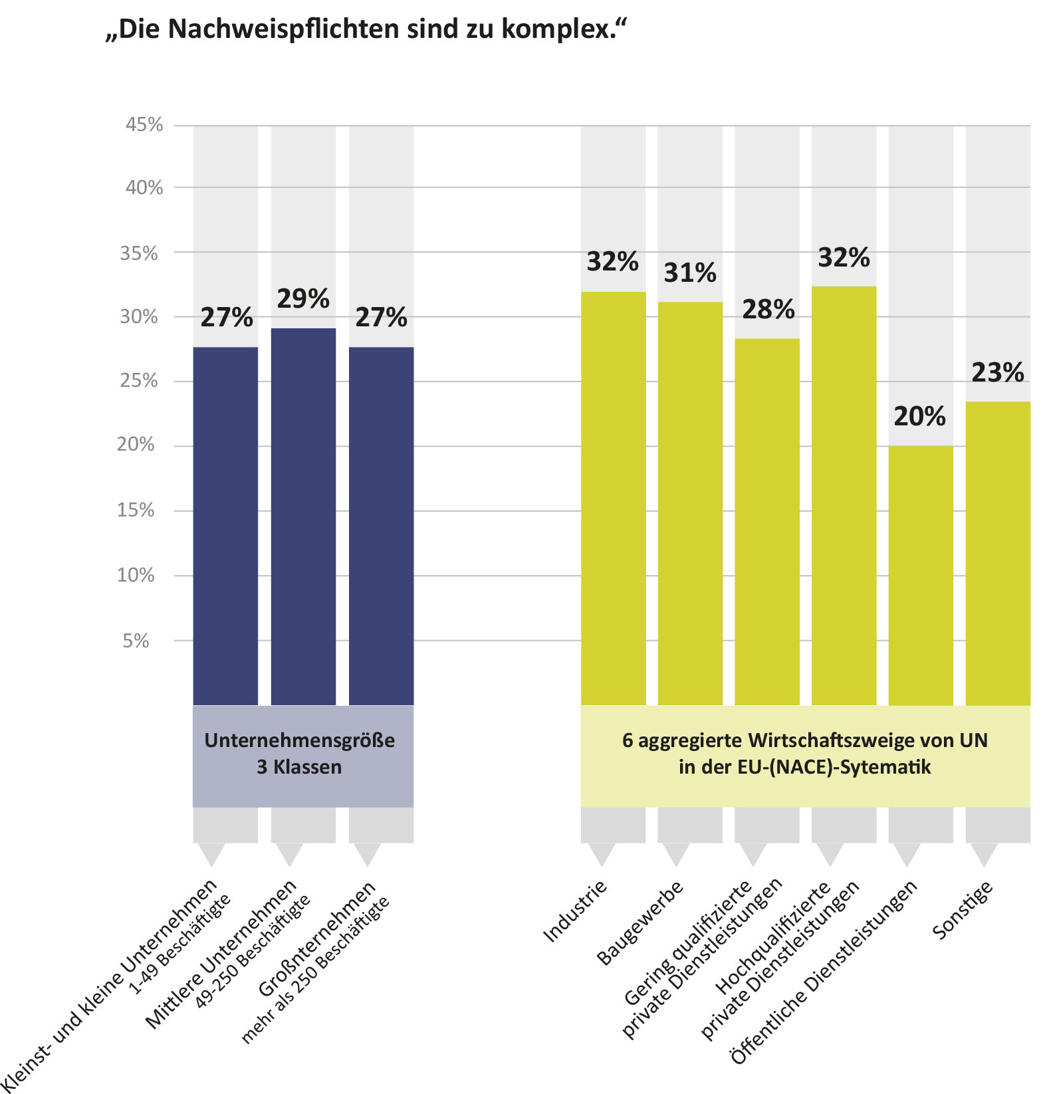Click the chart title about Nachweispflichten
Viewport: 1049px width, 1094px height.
tap(366, 29)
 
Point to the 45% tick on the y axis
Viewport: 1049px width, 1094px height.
tap(144, 124)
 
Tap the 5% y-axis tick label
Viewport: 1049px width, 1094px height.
tap(136, 641)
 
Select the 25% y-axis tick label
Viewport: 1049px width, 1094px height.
tap(139, 381)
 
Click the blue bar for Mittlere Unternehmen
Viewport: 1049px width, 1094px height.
tap(303, 516)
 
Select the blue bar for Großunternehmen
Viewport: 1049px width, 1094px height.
tap(381, 526)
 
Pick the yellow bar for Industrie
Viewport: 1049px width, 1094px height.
tap(613, 498)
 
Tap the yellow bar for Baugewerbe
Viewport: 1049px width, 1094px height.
tap(690, 503)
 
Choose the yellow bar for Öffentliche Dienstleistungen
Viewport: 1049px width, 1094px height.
tap(921, 576)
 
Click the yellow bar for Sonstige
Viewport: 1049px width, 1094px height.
tap(998, 553)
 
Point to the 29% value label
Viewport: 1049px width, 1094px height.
tap(303, 299)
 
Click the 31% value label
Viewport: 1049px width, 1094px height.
tap(690, 273)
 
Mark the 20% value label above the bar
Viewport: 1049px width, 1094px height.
tap(920, 417)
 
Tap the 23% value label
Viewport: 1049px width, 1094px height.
tap(998, 373)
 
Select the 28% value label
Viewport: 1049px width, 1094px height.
tap(768, 310)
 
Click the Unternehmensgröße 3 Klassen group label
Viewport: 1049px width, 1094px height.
tap(300, 754)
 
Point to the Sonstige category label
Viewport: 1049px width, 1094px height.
tap(963, 910)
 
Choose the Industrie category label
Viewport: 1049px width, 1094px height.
tap(576, 911)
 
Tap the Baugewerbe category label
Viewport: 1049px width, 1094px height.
tap(640, 923)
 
